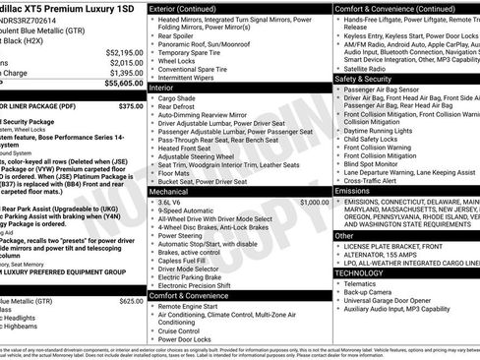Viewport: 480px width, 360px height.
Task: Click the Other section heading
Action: coord(345,236)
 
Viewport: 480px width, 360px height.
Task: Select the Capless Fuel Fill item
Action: coord(186,259)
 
